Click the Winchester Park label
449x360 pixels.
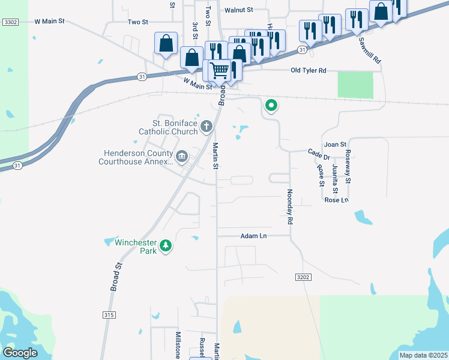pos(136,247)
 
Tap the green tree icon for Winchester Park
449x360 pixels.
pos(166,246)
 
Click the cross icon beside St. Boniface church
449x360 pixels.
pos(206,126)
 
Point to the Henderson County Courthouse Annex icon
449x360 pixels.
pos(182,157)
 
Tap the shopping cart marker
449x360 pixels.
pos(219,70)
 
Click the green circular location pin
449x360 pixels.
pos(271,106)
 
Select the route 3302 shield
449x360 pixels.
pos(10,22)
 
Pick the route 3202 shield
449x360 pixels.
pos(304,277)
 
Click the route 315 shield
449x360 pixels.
pos(109,314)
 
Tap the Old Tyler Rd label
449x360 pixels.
pos(308,71)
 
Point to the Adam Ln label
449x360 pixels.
pos(253,236)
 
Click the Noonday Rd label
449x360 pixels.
pos(289,206)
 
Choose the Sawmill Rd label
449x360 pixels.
pos(370,51)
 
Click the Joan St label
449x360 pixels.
pos(335,145)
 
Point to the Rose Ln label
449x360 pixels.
pos(336,200)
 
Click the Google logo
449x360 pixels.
pos(20,353)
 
